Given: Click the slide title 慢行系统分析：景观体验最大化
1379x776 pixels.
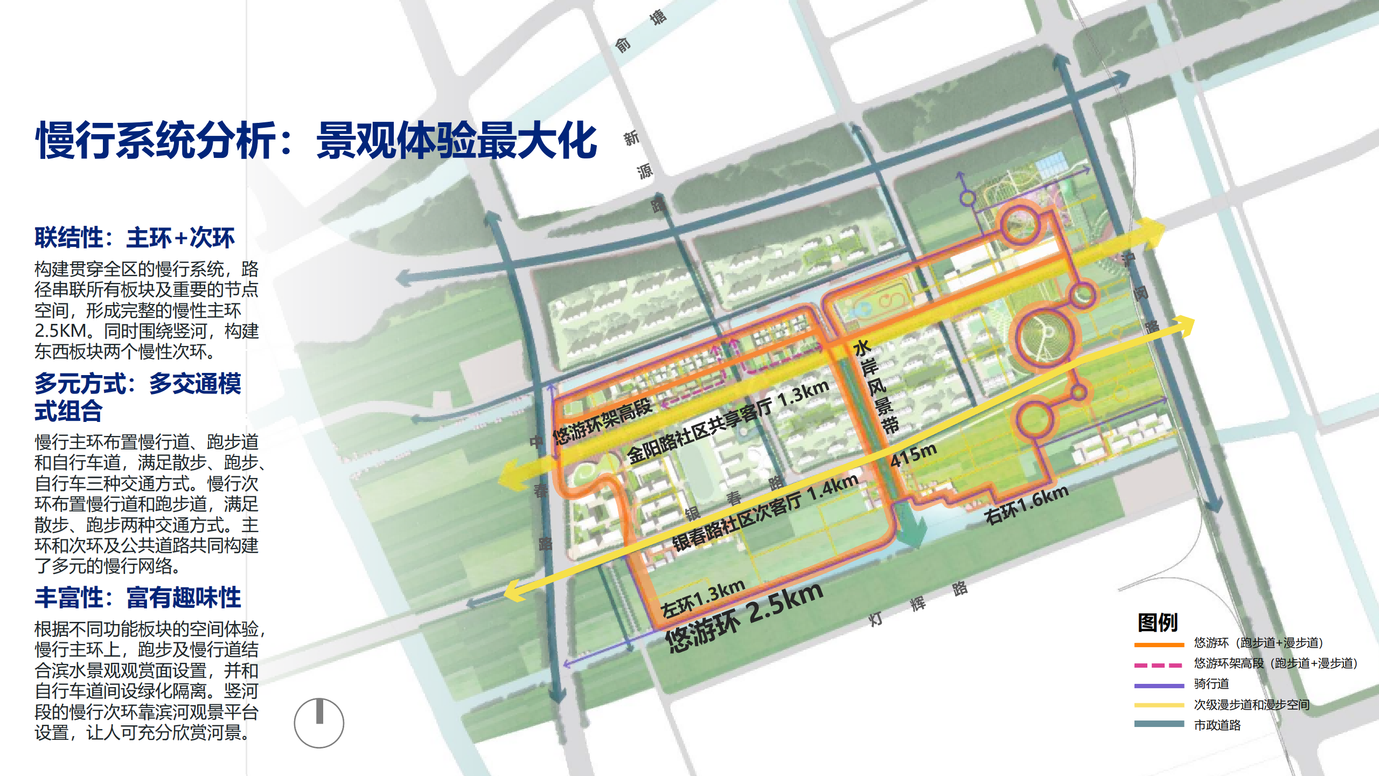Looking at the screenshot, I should click(x=316, y=141).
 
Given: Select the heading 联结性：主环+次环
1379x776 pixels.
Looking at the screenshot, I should click(x=134, y=238).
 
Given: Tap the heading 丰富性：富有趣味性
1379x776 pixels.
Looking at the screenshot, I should click(x=138, y=598).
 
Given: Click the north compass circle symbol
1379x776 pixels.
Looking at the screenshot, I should click(x=319, y=723).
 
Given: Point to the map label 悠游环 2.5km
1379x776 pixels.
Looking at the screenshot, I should click(x=744, y=618).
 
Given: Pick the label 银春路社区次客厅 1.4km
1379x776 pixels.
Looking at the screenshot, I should click(x=765, y=512).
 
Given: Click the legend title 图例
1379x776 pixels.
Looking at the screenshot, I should click(x=1158, y=623).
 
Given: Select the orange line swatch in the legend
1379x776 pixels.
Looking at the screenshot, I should click(x=1159, y=644).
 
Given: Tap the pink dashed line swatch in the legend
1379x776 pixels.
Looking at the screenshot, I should click(x=1159, y=665).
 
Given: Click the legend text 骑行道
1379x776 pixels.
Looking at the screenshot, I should click(x=1211, y=684).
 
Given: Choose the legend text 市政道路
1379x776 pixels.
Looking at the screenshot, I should click(x=1217, y=725).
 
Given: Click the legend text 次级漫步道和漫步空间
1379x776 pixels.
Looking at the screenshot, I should click(x=1251, y=705).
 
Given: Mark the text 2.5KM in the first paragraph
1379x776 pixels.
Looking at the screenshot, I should click(x=60, y=331).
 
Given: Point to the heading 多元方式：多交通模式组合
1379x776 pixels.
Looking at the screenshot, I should click(x=137, y=397).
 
